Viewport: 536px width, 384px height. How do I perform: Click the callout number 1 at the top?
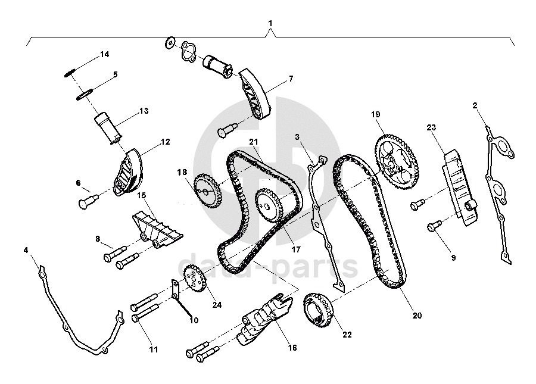(x=270, y=24)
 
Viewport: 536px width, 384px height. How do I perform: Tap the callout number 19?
(x=375, y=114)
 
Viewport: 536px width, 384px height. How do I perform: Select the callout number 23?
(x=432, y=127)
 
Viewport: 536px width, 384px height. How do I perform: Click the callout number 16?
(x=292, y=348)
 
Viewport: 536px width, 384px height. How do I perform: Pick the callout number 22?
(x=347, y=335)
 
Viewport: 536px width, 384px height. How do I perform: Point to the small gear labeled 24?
(x=194, y=277)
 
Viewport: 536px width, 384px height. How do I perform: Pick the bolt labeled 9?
(x=434, y=225)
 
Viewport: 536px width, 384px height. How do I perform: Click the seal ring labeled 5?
(x=85, y=93)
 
